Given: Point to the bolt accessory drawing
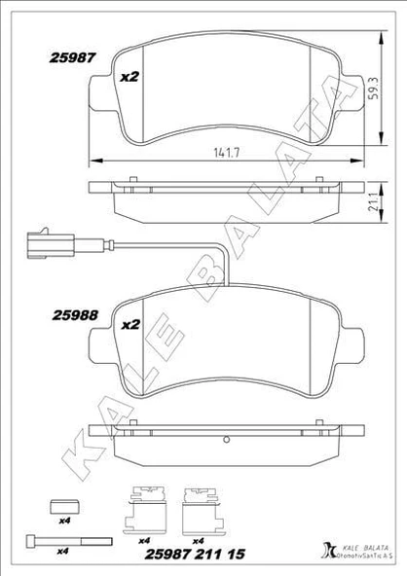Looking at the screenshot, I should [61, 541].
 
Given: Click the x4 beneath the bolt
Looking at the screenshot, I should [62, 553].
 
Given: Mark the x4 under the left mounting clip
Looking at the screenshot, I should [144, 541].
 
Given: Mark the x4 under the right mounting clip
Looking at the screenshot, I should [199, 541].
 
